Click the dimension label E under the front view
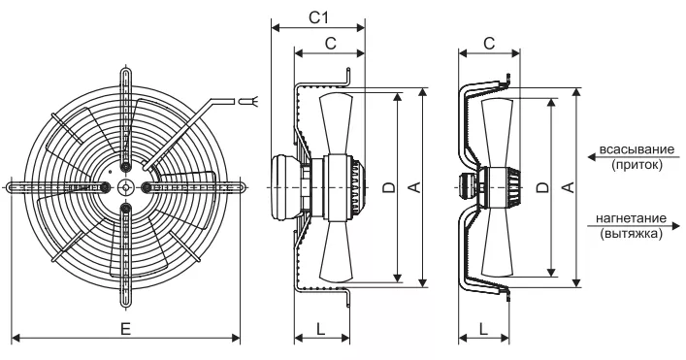coord(125,329)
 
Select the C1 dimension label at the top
coord(318,17)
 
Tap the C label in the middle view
coord(331,44)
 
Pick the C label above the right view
coord(489,44)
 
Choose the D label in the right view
coord(542,187)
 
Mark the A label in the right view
coord(568,187)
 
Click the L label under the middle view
coord(321,329)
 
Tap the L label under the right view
coord(483,329)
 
